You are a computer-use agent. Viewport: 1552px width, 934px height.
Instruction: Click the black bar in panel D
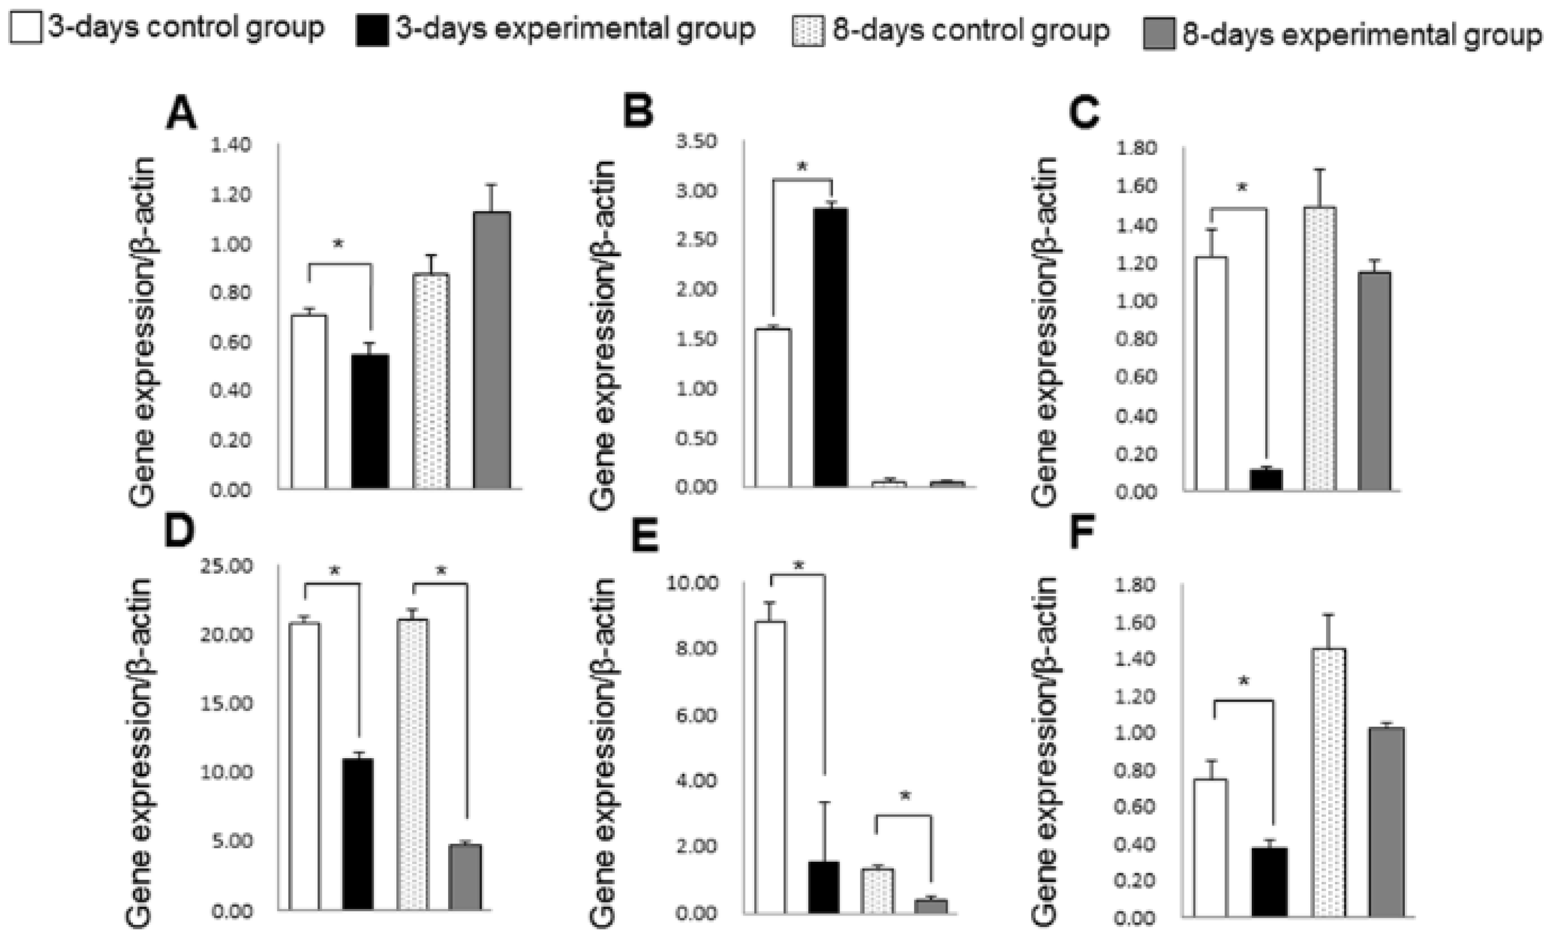(x=358, y=834)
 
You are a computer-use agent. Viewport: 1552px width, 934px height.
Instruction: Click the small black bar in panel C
(x=1265, y=480)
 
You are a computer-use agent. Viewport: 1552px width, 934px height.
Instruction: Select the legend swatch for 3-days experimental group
(x=372, y=30)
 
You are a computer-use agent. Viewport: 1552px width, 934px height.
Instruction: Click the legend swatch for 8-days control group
(x=807, y=31)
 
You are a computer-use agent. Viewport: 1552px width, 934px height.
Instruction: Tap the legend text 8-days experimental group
(x=1362, y=35)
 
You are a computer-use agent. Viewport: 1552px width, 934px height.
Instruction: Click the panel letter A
(x=181, y=114)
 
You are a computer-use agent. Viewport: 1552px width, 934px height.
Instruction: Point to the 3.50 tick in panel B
(x=696, y=141)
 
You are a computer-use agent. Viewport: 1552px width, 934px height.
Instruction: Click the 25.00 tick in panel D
(x=226, y=566)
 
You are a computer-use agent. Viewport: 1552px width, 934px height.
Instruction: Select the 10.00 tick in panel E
(x=692, y=583)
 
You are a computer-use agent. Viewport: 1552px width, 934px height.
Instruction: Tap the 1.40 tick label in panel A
(x=230, y=145)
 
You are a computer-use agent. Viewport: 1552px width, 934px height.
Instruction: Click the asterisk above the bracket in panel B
(x=802, y=167)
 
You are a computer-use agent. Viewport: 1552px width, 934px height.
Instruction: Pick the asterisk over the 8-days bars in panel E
(x=905, y=797)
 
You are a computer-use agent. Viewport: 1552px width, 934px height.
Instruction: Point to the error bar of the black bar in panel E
(x=824, y=831)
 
